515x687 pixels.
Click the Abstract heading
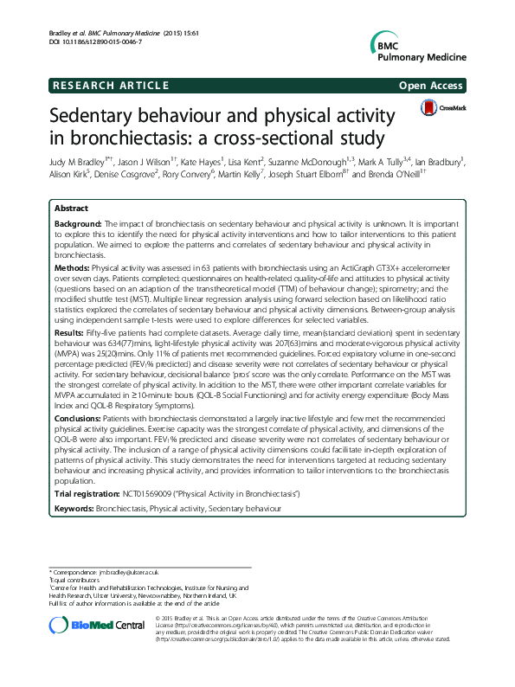70,209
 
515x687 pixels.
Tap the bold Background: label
77,223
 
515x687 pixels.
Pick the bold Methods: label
72,269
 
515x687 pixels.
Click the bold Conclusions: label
77,417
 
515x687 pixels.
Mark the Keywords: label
74,507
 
